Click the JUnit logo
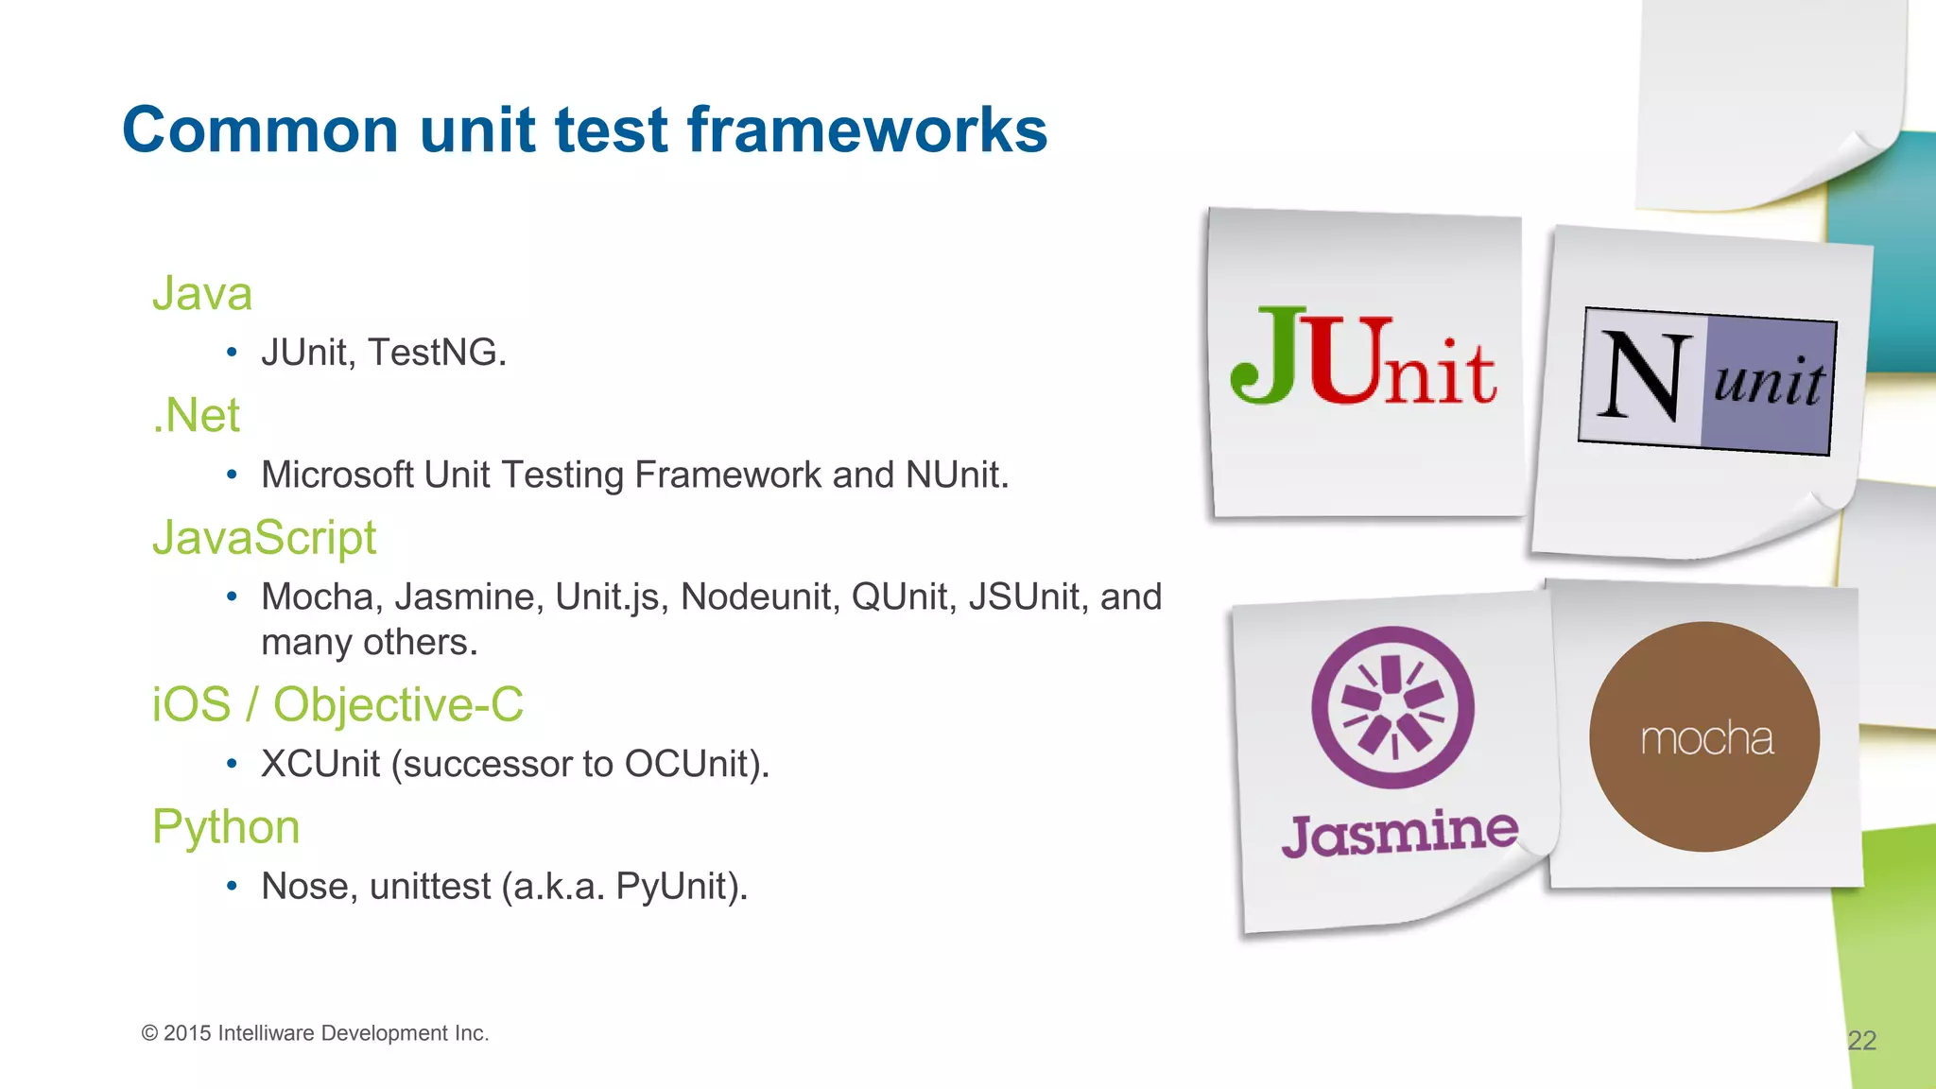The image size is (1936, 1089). [1362, 357]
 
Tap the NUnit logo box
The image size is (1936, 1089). [1707, 381]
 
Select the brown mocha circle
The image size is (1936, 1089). [1703, 736]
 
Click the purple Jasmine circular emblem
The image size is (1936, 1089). [1392, 707]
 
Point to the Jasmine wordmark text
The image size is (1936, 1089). [1399, 834]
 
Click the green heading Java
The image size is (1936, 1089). [202, 293]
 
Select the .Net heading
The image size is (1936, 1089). [197, 415]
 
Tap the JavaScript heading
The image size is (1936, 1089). [265, 538]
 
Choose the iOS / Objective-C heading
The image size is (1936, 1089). [337, 705]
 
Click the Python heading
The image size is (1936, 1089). [226, 827]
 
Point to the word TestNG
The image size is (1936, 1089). [437, 353]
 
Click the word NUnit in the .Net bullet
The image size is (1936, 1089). [956, 475]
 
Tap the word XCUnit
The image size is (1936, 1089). [320, 764]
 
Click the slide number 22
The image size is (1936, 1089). [1861, 1041]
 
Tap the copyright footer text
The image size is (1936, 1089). [315, 1033]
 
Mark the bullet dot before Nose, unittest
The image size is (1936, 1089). [232, 887]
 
